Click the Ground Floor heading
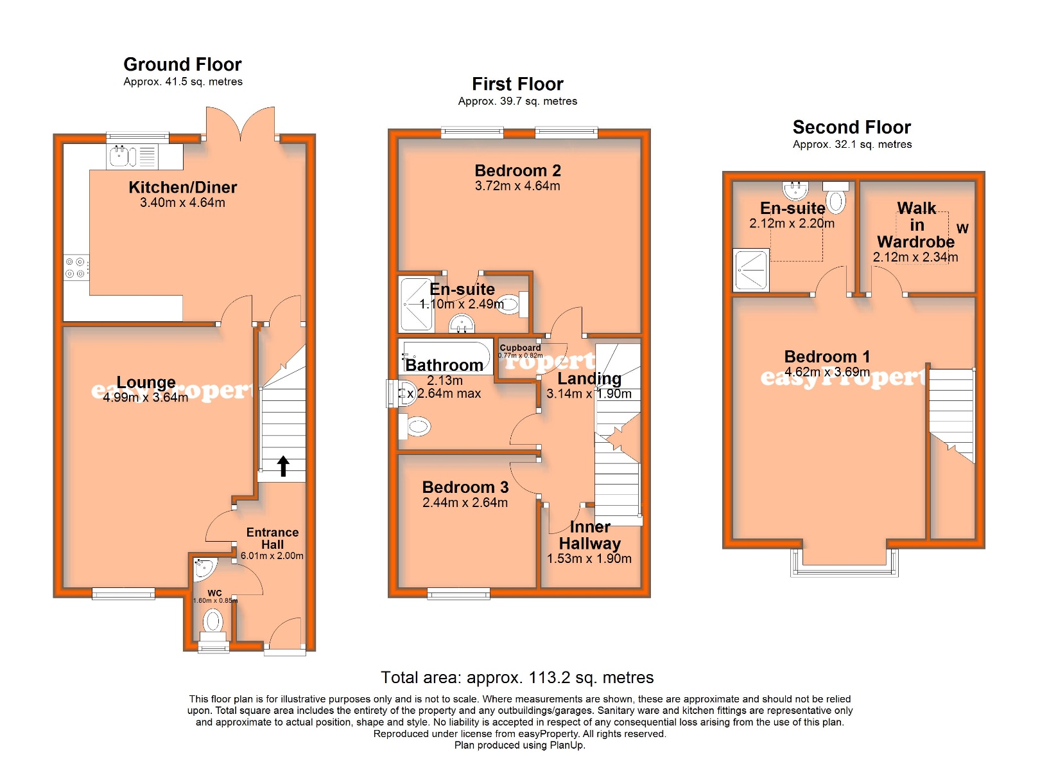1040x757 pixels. pos(182,65)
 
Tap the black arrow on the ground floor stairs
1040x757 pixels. pos(283,466)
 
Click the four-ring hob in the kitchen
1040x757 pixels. pos(76,267)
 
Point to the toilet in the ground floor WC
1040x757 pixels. pos(212,622)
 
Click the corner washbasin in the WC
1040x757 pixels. pos(204,566)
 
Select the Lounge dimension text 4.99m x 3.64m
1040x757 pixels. pos(146,398)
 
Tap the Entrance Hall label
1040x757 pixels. pos(272,539)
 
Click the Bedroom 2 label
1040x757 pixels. pos(517,171)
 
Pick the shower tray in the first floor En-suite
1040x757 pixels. pos(417,304)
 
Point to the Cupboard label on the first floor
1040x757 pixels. pos(520,348)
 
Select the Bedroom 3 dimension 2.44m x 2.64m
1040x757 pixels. pos(465,503)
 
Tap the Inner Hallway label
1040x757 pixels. pos(589,535)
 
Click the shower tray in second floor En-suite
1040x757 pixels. pos(751,270)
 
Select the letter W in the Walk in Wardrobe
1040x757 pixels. pos(962,229)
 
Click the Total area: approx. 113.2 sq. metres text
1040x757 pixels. pos(517,678)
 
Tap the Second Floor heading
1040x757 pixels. pos(851,127)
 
